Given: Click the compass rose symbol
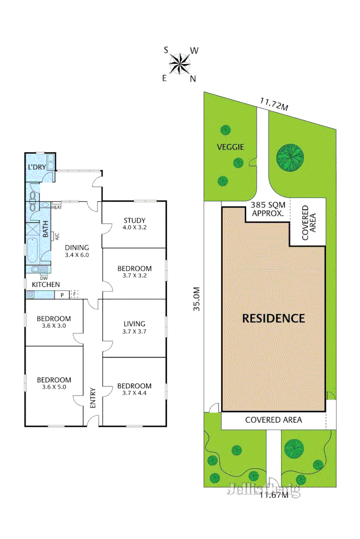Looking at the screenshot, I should [179, 64].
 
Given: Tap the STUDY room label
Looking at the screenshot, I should [134, 220].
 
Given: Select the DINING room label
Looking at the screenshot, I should [77, 248].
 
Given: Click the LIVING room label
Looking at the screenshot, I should [134, 324].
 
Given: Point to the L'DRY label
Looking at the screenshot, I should [37, 167].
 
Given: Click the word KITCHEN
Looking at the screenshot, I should [46, 285].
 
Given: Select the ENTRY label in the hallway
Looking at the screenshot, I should [93, 398].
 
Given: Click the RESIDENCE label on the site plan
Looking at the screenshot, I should [274, 318].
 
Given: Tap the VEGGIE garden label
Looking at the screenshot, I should [231, 147].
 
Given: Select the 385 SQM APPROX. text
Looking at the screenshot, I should [268, 209].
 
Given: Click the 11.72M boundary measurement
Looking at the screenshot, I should [274, 104].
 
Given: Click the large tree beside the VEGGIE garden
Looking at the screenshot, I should [290, 157].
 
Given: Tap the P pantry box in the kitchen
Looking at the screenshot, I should [62, 295].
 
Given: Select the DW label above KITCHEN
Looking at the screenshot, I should [43, 277].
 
